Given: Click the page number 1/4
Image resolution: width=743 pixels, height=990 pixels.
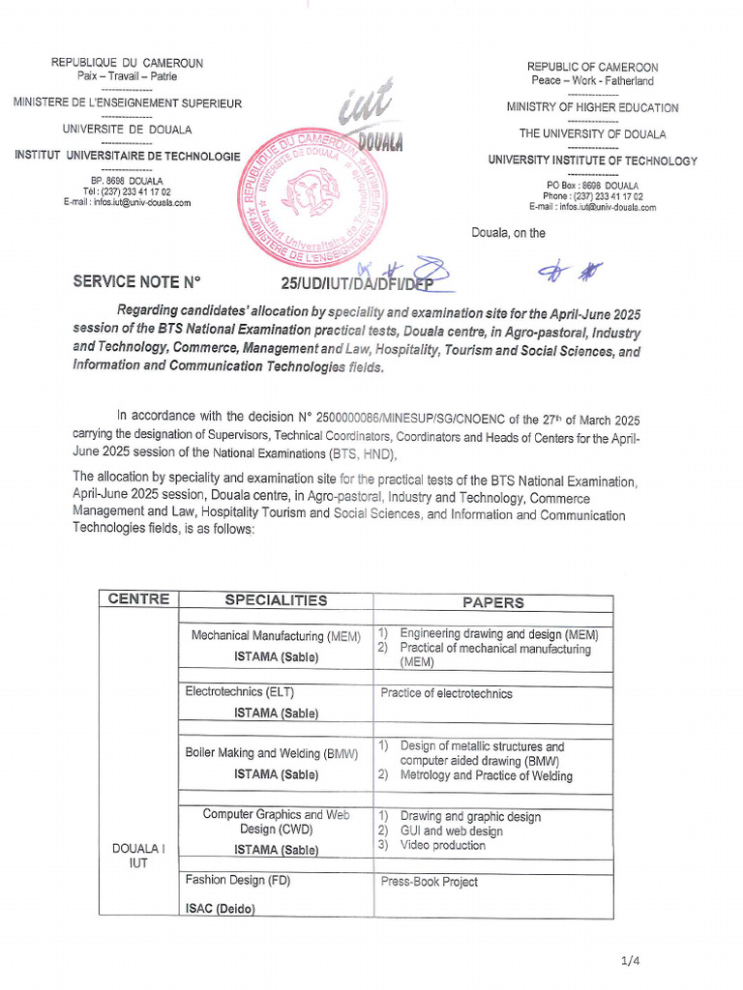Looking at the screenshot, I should pyautogui.click(x=630, y=960).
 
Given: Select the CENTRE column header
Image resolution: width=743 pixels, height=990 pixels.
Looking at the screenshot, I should pyautogui.click(x=138, y=599).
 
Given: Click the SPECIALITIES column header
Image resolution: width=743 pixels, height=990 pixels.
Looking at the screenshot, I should pyautogui.click(x=276, y=600).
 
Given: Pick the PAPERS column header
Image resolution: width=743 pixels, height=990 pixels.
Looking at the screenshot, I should pyautogui.click(x=492, y=602).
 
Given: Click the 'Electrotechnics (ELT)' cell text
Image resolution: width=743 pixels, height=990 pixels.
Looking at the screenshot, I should pyautogui.click(x=239, y=692).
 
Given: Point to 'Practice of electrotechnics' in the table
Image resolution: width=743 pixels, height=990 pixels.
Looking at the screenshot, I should pyautogui.click(x=446, y=693).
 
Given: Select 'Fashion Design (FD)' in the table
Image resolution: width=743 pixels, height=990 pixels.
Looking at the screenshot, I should pyautogui.click(x=237, y=881).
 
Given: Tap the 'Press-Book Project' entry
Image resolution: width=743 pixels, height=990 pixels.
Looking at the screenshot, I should pyautogui.click(x=429, y=882).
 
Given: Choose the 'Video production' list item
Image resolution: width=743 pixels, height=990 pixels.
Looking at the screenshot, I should pyautogui.click(x=442, y=845).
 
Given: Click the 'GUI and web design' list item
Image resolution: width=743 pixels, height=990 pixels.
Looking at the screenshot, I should pyautogui.click(x=451, y=830).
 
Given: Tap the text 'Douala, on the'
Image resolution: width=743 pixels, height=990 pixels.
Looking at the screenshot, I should pyautogui.click(x=508, y=233).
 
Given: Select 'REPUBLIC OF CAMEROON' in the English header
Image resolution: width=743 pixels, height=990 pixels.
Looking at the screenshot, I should pyautogui.click(x=592, y=67).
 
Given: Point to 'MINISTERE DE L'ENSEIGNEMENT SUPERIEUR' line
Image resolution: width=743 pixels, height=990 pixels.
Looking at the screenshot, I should pyautogui.click(x=127, y=103).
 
